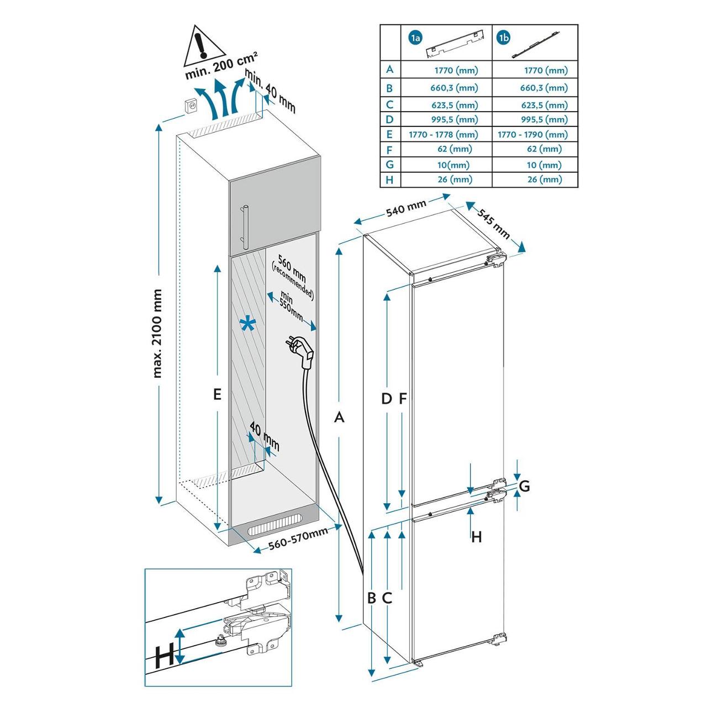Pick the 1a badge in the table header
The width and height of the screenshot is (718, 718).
click(x=416, y=38)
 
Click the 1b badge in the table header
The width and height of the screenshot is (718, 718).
click(x=504, y=38)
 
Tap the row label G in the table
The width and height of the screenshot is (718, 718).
click(x=390, y=165)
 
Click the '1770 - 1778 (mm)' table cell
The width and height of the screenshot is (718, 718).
click(x=444, y=134)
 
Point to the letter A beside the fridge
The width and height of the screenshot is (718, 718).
click(x=340, y=417)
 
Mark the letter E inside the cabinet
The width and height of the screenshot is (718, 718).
click(x=217, y=394)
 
